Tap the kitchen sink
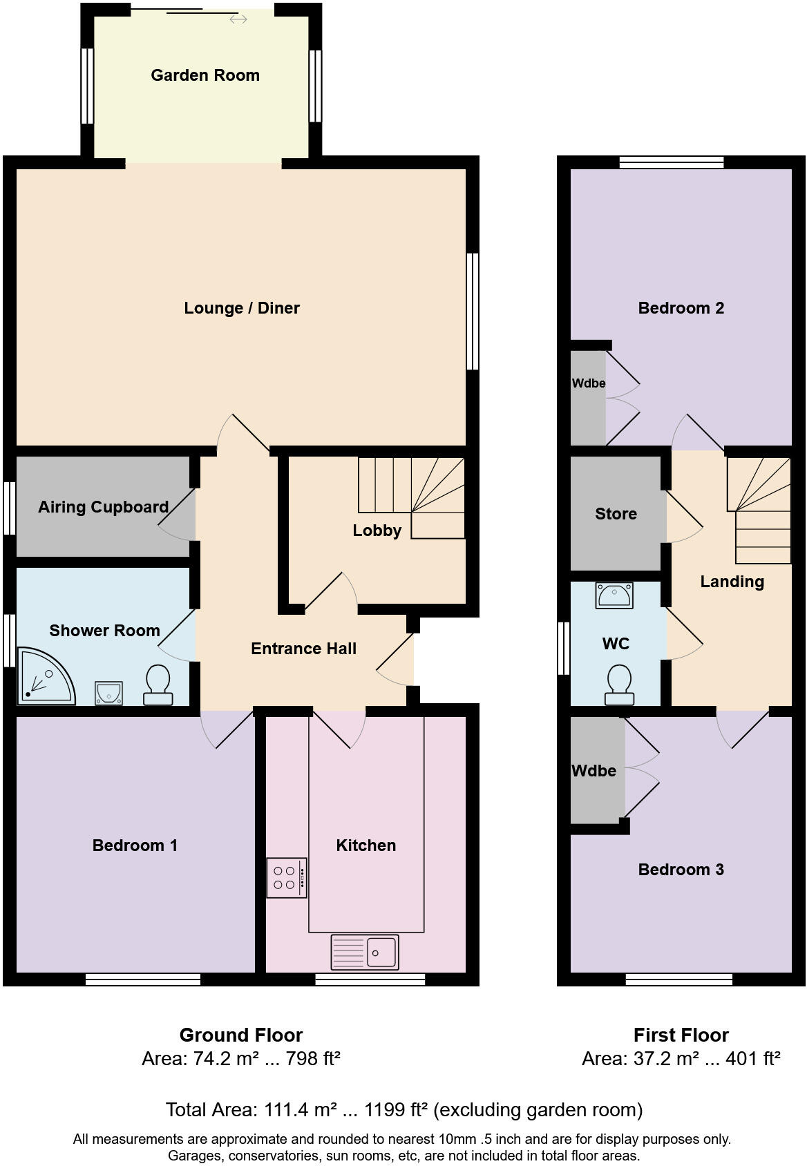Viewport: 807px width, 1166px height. (365, 953)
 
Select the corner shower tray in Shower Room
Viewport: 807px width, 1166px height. (43, 676)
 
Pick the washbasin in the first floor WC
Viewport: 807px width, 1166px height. (614, 595)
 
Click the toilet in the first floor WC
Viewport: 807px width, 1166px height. (619, 685)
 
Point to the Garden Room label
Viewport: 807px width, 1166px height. (205, 75)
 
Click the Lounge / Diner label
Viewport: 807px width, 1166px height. (242, 308)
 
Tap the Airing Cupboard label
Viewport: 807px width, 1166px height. (104, 507)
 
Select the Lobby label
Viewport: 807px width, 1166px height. (377, 531)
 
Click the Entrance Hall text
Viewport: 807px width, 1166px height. (303, 649)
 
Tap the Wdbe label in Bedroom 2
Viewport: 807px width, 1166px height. (589, 383)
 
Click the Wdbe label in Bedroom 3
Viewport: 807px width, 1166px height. (594, 771)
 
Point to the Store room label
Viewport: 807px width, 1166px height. (616, 514)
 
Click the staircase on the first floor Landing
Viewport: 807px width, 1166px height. (759, 511)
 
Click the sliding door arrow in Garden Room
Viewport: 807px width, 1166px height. (238, 19)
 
